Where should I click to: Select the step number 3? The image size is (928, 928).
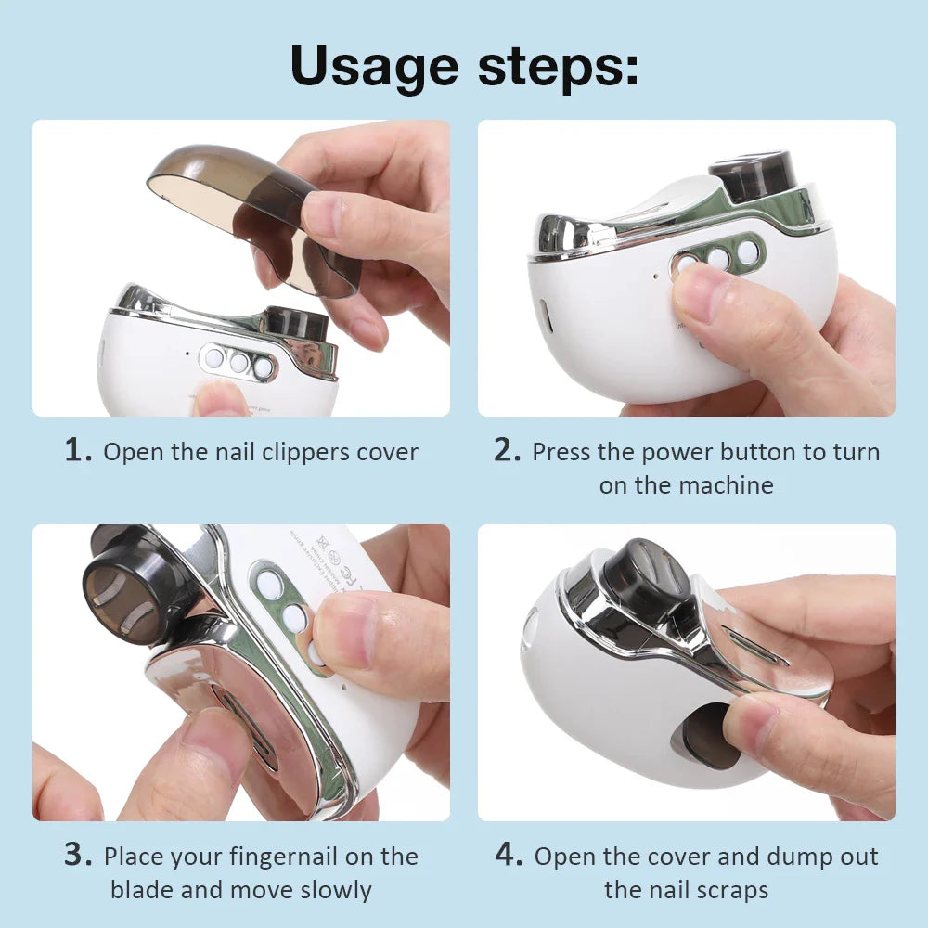[x=77, y=855]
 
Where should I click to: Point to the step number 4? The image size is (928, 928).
[x=509, y=855]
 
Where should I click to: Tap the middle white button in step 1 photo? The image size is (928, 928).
[x=239, y=362]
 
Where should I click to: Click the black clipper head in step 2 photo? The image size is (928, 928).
[x=753, y=174]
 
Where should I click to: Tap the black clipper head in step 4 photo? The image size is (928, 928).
[x=644, y=580]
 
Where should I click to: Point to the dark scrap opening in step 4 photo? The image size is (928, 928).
[x=709, y=733]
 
